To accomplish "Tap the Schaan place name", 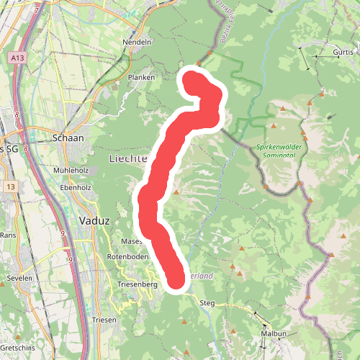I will coord(68,138).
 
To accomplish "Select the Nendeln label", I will coord(138,42).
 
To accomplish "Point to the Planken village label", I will coord(141,77).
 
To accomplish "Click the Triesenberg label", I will coord(137,285).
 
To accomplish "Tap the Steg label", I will coord(207,303).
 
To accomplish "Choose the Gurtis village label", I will coord(344,53).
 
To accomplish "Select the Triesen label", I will coord(105,319).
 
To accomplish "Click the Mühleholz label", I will coord(70,170).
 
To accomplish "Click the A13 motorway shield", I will coord(18,55).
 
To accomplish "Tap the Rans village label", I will coord(8,235).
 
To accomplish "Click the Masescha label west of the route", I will coord(132,240).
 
